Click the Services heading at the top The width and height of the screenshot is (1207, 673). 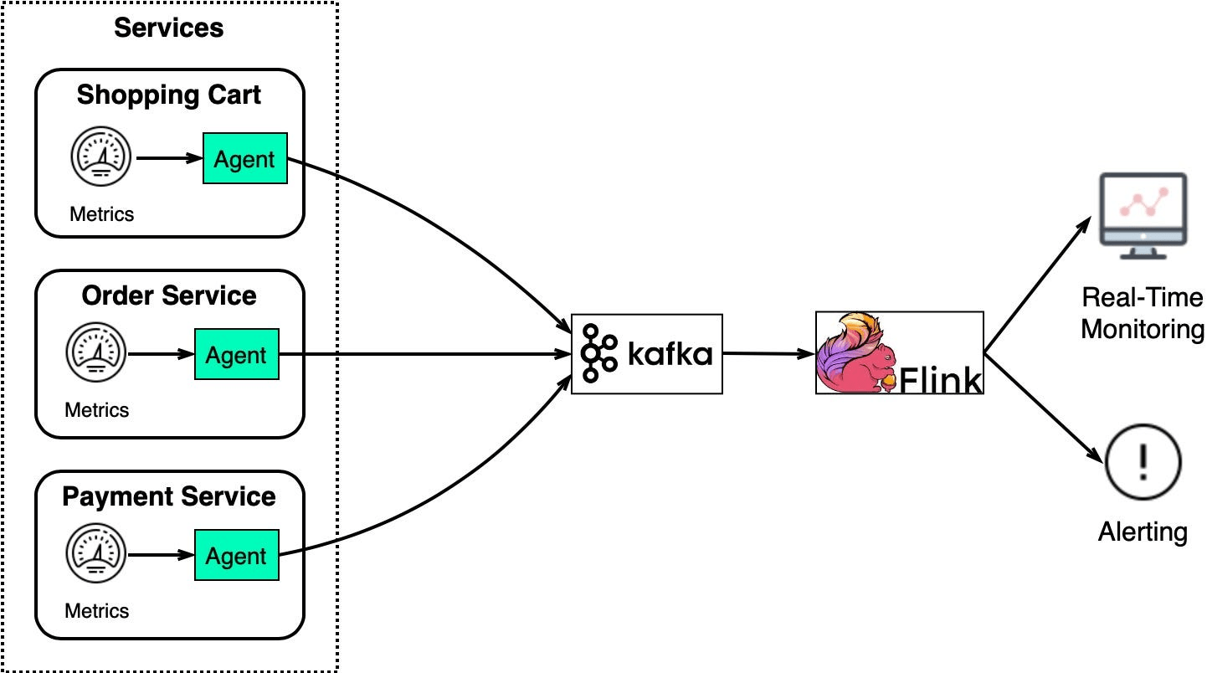click(x=169, y=28)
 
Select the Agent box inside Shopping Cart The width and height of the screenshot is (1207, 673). click(x=244, y=158)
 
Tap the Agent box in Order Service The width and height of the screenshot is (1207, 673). click(x=236, y=355)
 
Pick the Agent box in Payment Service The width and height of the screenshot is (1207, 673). click(x=236, y=556)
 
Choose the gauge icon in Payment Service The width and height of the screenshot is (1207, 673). click(x=97, y=555)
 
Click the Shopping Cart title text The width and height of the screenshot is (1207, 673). click(x=169, y=95)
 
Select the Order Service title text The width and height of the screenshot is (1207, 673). click(x=169, y=295)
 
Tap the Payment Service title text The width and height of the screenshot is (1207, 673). click(x=169, y=496)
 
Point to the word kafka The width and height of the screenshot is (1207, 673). click(x=670, y=354)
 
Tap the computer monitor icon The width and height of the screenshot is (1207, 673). click(x=1143, y=214)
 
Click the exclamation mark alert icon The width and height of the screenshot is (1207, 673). click(x=1143, y=462)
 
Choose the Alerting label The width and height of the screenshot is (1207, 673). click(x=1143, y=532)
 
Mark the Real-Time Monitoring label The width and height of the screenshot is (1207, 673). click(x=1143, y=313)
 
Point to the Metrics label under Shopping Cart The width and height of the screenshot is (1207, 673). click(x=101, y=214)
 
